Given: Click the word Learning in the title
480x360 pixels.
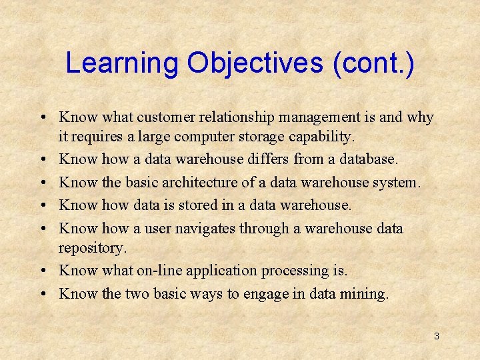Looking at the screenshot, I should point(122,64).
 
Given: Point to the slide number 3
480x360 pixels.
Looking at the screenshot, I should point(436,336).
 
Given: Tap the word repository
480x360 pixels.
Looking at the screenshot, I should point(92,248).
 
